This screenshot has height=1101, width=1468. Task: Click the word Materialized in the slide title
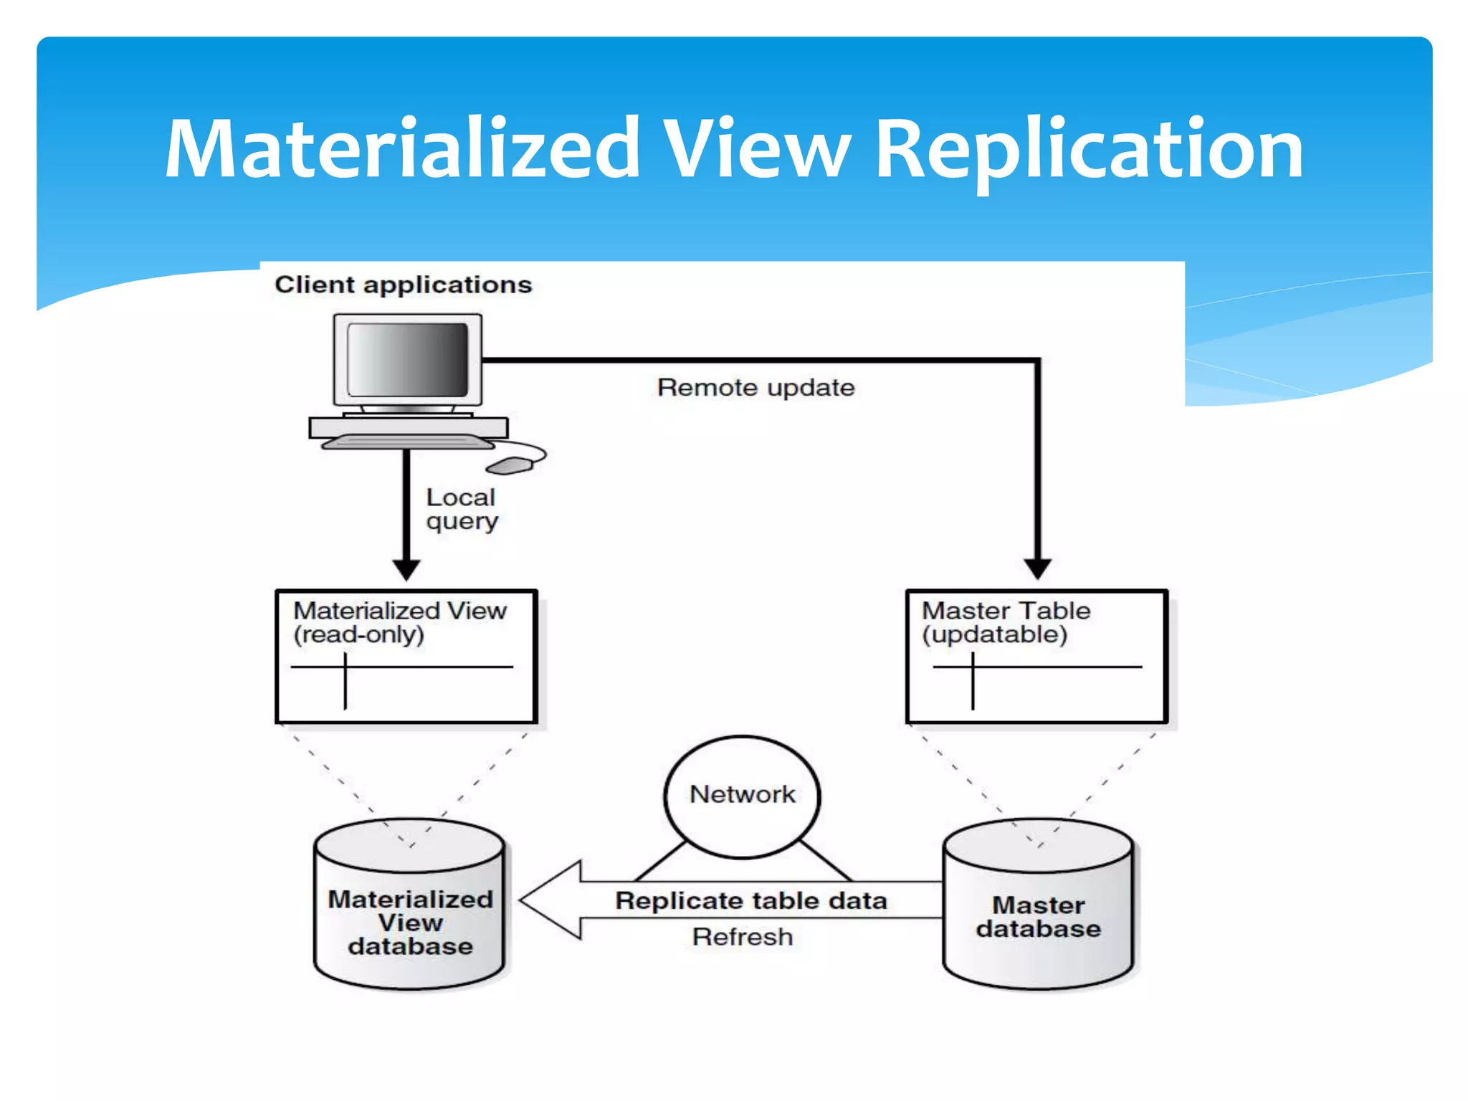(x=401, y=149)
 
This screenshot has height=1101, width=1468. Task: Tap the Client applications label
(x=403, y=285)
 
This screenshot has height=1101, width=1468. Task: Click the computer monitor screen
(x=407, y=359)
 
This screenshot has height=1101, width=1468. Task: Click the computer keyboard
(x=407, y=442)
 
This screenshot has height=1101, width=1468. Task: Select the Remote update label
(x=756, y=388)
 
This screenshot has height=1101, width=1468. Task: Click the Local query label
(x=461, y=509)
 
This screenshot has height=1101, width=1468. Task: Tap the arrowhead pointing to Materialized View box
(x=406, y=570)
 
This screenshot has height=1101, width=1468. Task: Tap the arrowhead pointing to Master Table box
(x=1037, y=569)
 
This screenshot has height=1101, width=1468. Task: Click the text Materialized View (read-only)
(x=399, y=622)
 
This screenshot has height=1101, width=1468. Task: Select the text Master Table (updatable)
(x=1005, y=622)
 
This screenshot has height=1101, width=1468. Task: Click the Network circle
(x=742, y=795)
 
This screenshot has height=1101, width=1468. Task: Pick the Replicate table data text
(x=750, y=900)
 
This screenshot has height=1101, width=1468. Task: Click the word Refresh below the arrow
(x=742, y=937)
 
